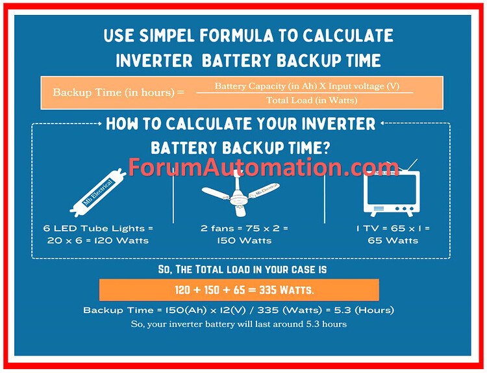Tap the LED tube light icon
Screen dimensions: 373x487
(x=98, y=188)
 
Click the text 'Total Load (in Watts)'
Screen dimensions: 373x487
(x=311, y=100)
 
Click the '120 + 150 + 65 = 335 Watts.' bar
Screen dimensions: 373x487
(x=239, y=289)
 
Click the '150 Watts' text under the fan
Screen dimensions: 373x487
(x=244, y=240)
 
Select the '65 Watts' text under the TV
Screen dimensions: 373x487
(x=393, y=240)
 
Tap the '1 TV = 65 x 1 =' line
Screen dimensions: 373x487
(x=393, y=228)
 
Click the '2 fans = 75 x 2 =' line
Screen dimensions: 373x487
(x=244, y=228)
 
